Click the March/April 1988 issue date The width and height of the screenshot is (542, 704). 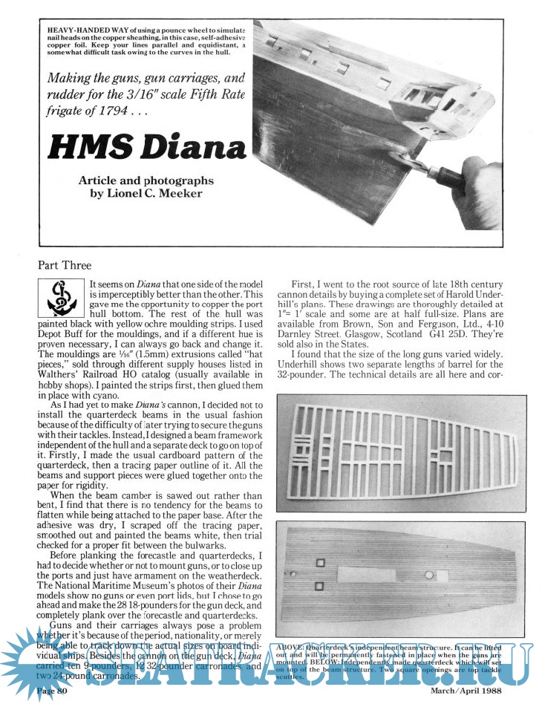pos(468,692)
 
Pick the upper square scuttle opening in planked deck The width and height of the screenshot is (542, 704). pos(321,562)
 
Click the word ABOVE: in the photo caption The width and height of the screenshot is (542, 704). pos(295,644)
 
